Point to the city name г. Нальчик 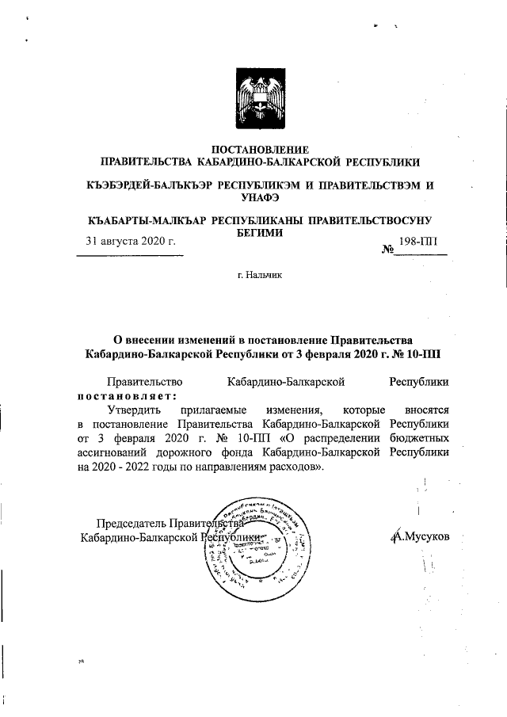click(253, 275)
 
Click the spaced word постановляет click(127, 396)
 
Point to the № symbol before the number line click(389, 250)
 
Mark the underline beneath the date click(130, 254)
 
